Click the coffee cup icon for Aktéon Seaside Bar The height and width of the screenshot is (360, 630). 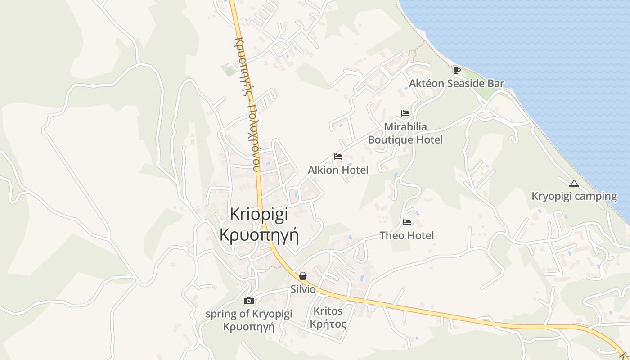(456, 70)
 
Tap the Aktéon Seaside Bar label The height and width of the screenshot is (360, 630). (456, 83)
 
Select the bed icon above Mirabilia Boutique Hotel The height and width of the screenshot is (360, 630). (405, 113)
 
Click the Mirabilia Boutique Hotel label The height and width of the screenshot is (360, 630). (405, 133)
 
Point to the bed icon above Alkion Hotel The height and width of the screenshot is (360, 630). (338, 157)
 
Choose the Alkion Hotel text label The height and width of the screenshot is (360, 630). (338, 170)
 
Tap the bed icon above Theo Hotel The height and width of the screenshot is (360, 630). (407, 222)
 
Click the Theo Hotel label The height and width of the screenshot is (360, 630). (407, 235)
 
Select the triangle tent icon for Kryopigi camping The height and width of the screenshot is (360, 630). (573, 183)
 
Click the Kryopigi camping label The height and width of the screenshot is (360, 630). (574, 196)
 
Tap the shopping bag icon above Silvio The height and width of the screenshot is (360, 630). (303, 275)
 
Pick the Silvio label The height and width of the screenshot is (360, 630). (303, 289)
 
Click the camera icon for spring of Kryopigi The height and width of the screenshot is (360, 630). (248, 301)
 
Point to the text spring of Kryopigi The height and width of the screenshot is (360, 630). (249, 314)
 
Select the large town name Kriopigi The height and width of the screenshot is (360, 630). (259, 214)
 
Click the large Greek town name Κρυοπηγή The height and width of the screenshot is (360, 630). (259, 234)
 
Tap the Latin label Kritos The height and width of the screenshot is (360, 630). (328, 311)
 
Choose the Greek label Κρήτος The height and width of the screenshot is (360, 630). (328, 324)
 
